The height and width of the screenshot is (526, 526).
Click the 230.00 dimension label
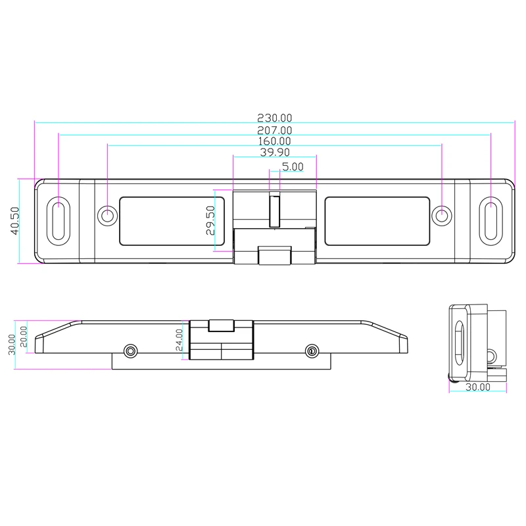274,118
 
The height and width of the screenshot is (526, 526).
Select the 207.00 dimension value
274,130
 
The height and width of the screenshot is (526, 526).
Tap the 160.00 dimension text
274,141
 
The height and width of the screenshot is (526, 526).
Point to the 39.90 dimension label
275,152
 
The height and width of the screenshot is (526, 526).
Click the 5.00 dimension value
293,166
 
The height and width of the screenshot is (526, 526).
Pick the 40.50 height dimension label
14,221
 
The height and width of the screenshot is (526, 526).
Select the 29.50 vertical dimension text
210,220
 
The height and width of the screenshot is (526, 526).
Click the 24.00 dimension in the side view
179,340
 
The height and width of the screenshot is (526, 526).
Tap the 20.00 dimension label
23,337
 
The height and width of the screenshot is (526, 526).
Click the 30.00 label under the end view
478,387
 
